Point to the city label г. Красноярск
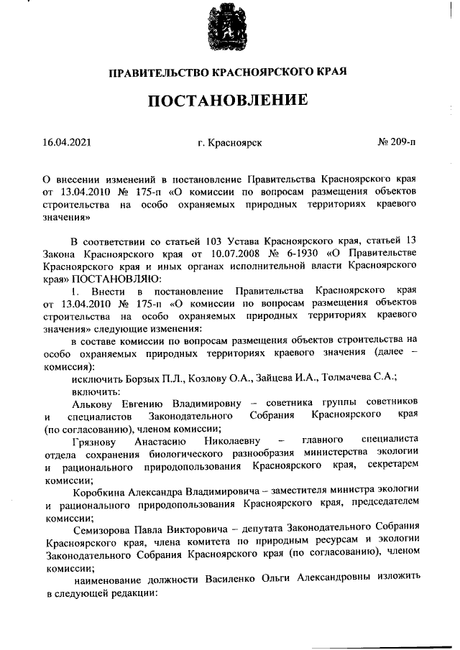point(229,143)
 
